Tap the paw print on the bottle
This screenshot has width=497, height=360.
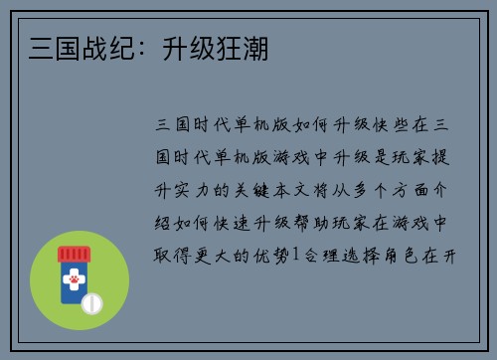coord(74,281)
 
